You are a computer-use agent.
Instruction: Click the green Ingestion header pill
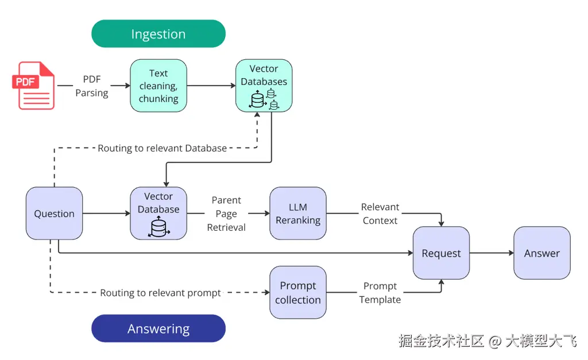158,34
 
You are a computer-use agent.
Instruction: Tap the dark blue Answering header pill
158,329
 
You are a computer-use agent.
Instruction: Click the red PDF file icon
34,86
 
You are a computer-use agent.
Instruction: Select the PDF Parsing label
92,86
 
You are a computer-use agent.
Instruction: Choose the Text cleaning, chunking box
158,86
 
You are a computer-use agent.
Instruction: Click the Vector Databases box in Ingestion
264,86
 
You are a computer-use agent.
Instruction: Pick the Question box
54,214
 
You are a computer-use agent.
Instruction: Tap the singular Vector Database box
158,213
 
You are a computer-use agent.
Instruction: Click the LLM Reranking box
298,213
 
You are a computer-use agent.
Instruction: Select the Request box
441,253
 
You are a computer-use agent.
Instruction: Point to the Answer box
541,253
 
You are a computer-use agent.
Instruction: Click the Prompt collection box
298,292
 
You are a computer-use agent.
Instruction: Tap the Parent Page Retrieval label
226,214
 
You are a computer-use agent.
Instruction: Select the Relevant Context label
380,214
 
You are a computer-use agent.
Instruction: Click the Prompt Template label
380,292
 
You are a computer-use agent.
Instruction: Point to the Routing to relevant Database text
162,148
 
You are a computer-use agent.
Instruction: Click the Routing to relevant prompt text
160,293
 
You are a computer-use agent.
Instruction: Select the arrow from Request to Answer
491,253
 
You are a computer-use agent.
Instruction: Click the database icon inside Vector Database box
158,227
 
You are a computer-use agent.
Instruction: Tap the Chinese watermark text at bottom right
488,341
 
